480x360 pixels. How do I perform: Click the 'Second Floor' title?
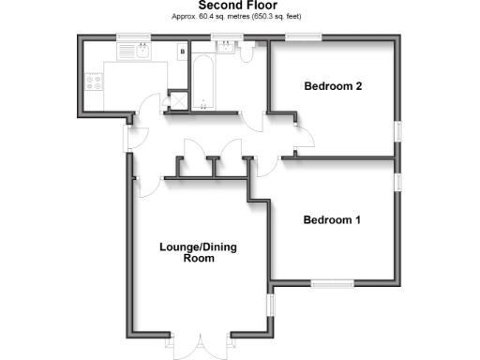[x=239, y=7]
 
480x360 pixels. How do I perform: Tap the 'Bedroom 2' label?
[x=334, y=86]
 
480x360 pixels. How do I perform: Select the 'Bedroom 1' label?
[x=332, y=220]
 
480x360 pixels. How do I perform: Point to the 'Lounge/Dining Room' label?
[x=194, y=253]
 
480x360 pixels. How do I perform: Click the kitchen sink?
[x=142, y=52]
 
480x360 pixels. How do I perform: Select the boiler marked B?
[x=181, y=52]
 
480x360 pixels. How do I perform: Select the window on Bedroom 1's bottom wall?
[x=332, y=281]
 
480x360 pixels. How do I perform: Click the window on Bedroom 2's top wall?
[x=304, y=37]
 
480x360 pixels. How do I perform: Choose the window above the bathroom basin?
[x=225, y=37]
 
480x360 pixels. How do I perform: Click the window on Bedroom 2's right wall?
[x=397, y=130]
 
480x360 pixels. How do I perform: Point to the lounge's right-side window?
[x=268, y=306]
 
